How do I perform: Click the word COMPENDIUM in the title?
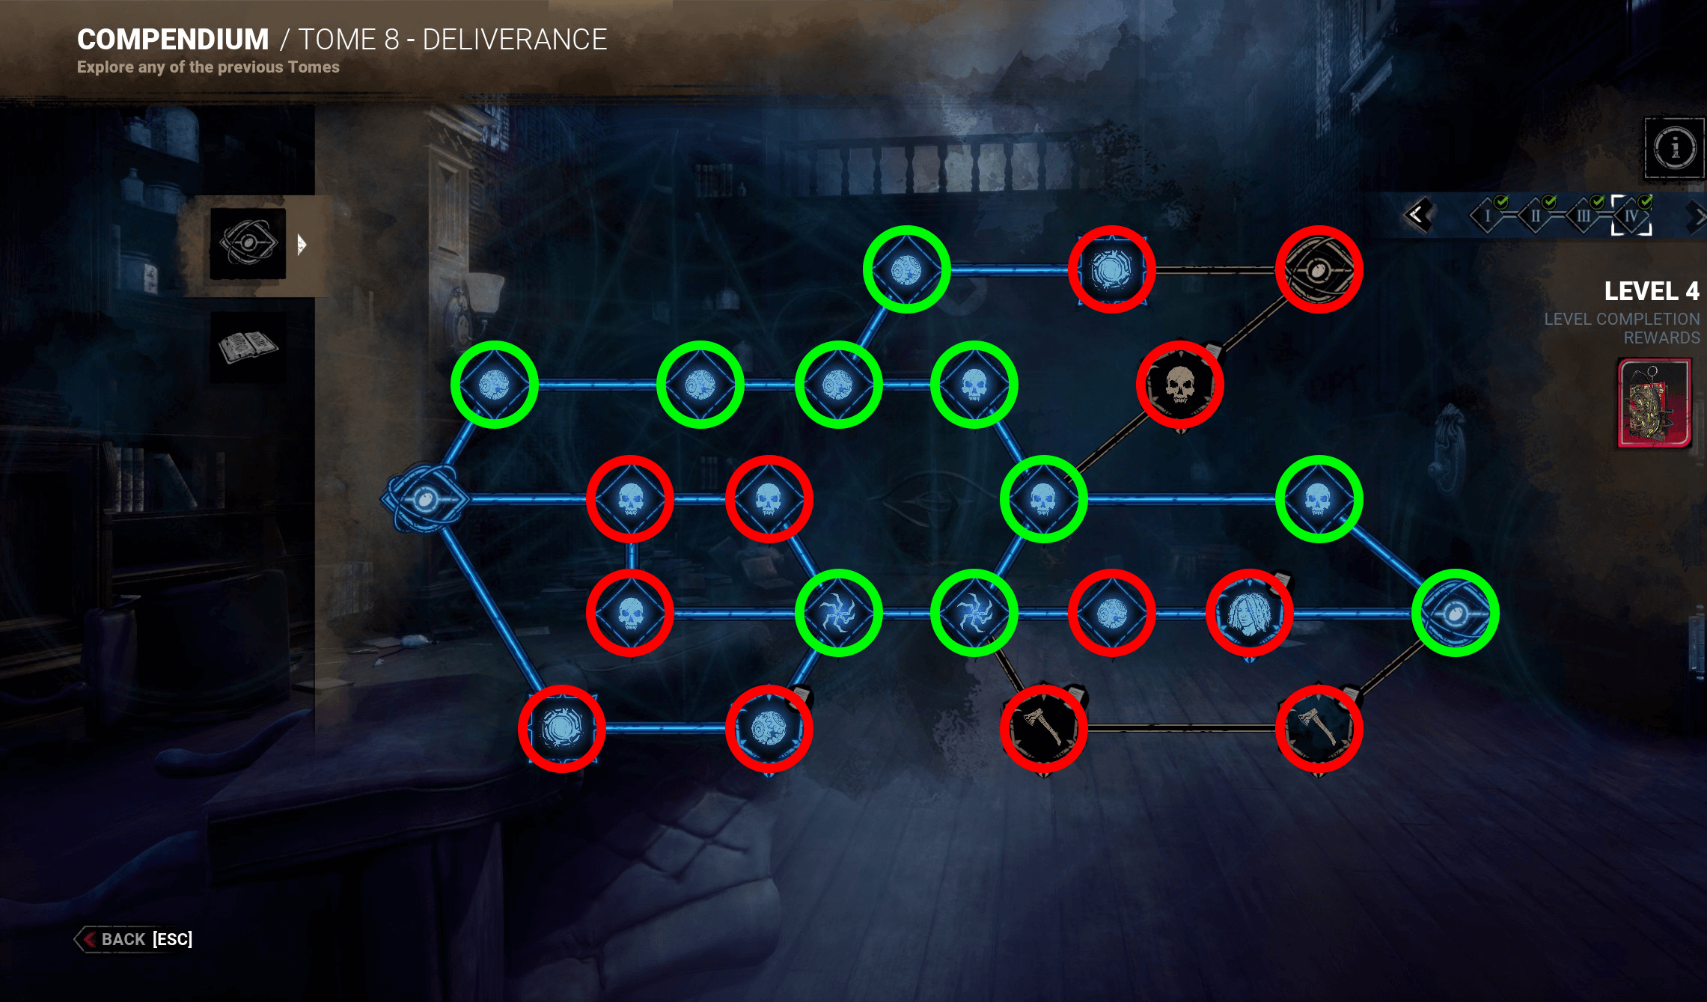[173, 40]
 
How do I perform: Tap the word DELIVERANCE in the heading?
[515, 40]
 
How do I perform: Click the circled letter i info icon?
[1674, 147]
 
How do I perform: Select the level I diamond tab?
[1487, 216]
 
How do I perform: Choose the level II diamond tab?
[1535, 216]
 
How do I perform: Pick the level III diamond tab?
[1583, 216]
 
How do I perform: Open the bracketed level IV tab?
[1631, 216]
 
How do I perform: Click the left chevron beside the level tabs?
[1417, 216]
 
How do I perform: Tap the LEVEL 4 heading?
[1651, 290]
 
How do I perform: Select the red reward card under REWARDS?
[1655, 403]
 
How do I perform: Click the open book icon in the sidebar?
[248, 347]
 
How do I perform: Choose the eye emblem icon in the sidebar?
[248, 243]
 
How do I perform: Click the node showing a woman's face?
[1249, 614]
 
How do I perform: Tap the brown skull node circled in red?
[1180, 385]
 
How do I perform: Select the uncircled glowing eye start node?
[425, 499]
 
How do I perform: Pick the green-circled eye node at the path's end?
[1455, 614]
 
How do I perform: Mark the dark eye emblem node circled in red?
[1319, 269]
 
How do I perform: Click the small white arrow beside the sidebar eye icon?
[302, 244]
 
